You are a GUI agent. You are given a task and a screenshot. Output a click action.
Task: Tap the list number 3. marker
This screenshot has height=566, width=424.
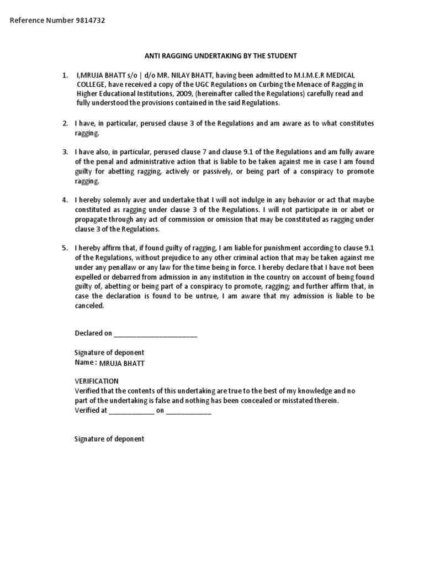click(x=65, y=151)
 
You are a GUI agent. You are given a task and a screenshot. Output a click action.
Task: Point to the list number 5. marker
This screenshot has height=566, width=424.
click(x=65, y=248)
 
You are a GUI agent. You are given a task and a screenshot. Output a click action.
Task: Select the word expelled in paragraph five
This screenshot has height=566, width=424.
click(x=89, y=277)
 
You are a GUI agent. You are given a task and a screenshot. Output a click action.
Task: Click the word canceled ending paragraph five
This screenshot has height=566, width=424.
click(x=89, y=306)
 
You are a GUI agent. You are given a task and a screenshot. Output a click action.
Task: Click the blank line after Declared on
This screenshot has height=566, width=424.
click(x=155, y=333)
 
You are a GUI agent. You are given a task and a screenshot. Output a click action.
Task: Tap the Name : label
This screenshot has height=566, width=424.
click(x=86, y=363)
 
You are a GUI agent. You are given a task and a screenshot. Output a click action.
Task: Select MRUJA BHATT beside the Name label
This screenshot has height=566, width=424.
click(x=123, y=363)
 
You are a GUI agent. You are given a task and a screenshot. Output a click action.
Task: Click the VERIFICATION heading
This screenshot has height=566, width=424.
click(x=96, y=381)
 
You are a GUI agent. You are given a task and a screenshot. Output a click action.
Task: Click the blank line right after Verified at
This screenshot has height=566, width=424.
click(x=131, y=411)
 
